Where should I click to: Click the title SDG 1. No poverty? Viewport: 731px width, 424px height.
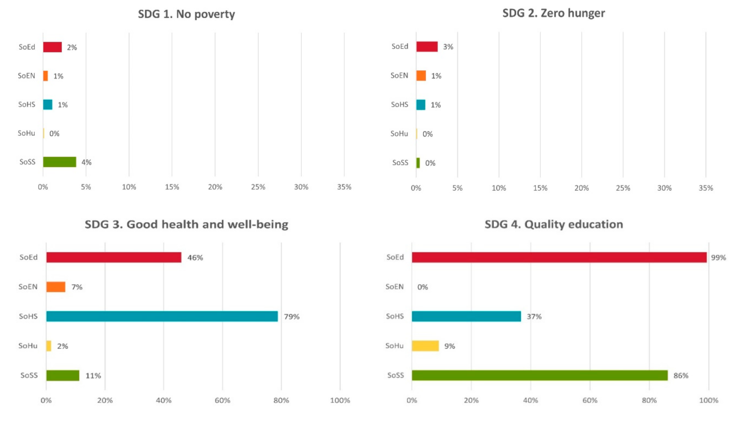pos(186,14)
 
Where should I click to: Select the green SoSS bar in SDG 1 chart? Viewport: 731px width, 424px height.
pos(59,162)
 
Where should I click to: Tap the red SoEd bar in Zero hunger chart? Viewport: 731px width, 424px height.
pos(427,47)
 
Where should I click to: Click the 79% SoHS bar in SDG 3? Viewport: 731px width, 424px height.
pos(162,316)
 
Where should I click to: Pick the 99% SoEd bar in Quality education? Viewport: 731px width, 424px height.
pos(559,258)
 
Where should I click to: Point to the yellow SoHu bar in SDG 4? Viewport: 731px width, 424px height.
pos(425,346)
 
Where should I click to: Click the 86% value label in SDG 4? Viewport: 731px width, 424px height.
pos(681,376)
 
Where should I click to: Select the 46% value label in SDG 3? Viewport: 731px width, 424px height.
pos(195,258)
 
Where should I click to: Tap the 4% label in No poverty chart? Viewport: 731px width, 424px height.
pos(86,162)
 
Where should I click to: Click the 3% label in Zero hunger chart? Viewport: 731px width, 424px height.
pos(448,47)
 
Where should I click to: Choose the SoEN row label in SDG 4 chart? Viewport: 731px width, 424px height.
pos(394,287)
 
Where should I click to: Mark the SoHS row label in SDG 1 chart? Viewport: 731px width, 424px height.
pos(27,105)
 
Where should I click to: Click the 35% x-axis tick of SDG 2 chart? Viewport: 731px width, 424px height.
pos(705,188)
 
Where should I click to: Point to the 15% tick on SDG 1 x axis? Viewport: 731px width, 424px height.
pos(172,187)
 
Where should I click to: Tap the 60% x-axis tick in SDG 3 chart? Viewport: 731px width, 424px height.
pos(222,400)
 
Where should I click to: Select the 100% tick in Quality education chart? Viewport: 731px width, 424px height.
pos(708,400)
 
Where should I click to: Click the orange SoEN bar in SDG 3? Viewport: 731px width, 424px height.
pos(55,287)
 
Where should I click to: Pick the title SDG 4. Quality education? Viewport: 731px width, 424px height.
pos(553,224)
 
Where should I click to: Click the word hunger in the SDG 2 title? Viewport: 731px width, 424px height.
pos(586,13)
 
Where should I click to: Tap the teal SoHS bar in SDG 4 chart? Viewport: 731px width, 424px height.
pos(466,316)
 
